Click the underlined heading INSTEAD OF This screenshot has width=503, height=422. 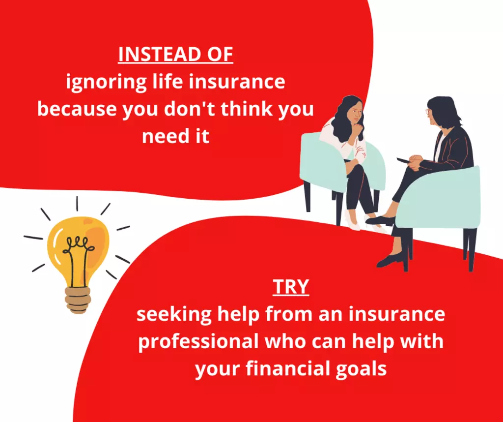(175, 55)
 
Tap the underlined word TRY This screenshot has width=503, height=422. (291, 287)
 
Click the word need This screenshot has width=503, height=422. (163, 136)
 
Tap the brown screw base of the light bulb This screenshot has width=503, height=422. (78, 300)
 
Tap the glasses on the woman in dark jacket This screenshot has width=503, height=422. (428, 112)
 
